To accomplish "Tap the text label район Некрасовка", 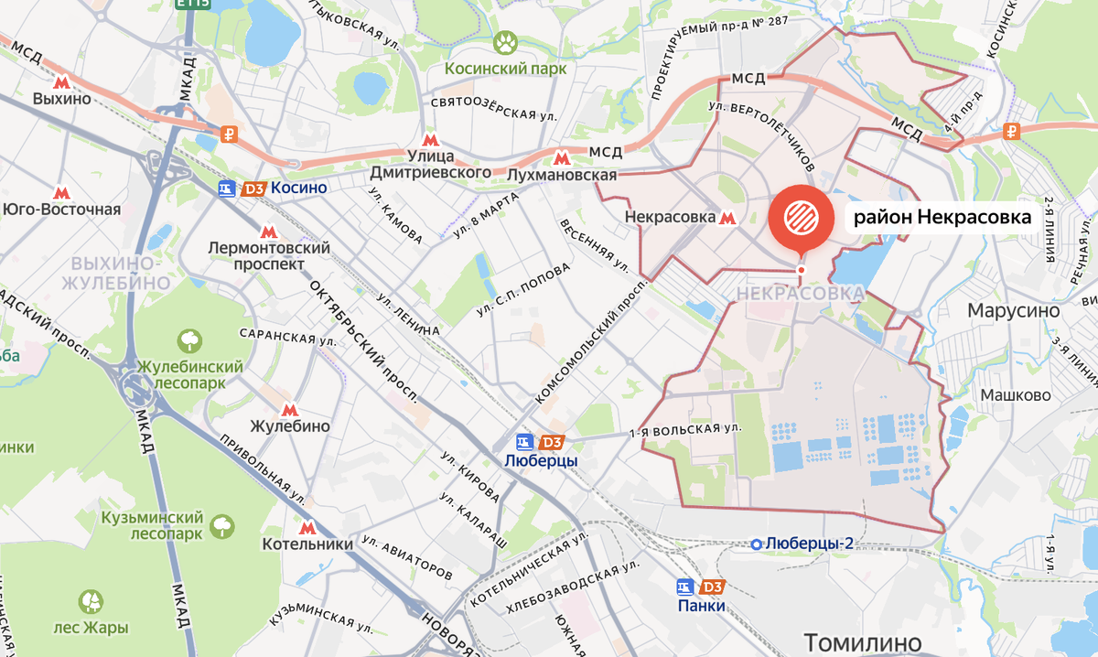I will coord(942,218).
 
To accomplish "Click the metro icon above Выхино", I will coord(62,81).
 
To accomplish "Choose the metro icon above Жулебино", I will coord(290,411).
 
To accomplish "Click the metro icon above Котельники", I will coord(307,528).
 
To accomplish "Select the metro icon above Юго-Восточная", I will coord(61,193).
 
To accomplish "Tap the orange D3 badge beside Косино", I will coord(253,188).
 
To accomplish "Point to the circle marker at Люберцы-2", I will coord(757,544).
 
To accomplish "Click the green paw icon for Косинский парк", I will coord(505,41).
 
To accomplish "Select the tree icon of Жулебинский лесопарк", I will coord(189,341).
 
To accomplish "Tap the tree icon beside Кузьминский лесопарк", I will coord(221,525).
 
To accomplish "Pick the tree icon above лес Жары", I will coord(91,602).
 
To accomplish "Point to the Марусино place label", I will coord(1014,311).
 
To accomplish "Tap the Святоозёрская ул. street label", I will coord(494,107).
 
